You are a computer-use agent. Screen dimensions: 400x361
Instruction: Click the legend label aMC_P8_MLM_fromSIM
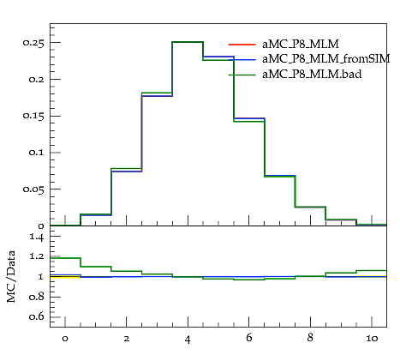(x=326, y=59)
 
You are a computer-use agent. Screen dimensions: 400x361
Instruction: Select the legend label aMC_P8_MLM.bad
(x=312, y=75)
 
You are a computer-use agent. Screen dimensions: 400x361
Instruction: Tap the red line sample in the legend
(x=242, y=45)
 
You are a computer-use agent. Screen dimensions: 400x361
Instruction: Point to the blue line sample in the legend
(x=242, y=59)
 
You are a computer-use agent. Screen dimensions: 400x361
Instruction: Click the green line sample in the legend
(x=242, y=75)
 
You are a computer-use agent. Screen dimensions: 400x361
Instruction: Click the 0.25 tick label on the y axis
(x=33, y=43)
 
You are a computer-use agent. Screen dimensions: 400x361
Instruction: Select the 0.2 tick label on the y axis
(x=37, y=80)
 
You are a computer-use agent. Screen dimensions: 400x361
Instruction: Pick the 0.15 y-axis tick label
(x=33, y=116)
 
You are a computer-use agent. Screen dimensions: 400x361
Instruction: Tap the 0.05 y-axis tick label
(x=33, y=190)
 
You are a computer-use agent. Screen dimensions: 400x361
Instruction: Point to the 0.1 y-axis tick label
(x=37, y=153)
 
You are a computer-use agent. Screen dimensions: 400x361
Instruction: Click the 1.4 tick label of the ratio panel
(x=37, y=237)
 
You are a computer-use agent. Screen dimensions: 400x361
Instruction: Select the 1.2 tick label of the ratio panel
(x=37, y=256)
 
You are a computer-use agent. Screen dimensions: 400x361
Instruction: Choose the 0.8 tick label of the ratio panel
(x=37, y=298)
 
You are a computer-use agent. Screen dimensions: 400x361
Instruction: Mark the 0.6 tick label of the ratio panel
(x=37, y=317)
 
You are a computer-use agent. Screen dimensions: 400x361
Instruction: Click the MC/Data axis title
(x=11, y=277)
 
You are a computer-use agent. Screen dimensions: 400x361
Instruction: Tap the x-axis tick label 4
(x=188, y=340)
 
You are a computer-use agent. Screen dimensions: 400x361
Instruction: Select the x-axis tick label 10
(x=372, y=339)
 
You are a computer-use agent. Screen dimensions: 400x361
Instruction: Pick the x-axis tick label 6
(x=248, y=338)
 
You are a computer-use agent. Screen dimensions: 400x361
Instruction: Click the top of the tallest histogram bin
(x=188, y=42)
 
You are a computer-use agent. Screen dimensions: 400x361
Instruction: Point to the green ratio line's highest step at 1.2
(x=65, y=258)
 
